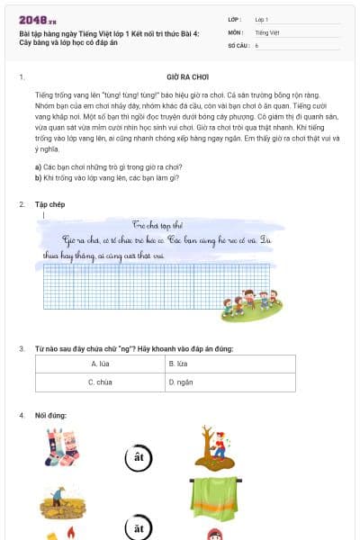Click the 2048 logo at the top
38,21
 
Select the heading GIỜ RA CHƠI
188,77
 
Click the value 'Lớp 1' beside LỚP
262,19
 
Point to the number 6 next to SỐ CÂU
257,44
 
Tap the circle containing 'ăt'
138,528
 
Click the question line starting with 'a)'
108,166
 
